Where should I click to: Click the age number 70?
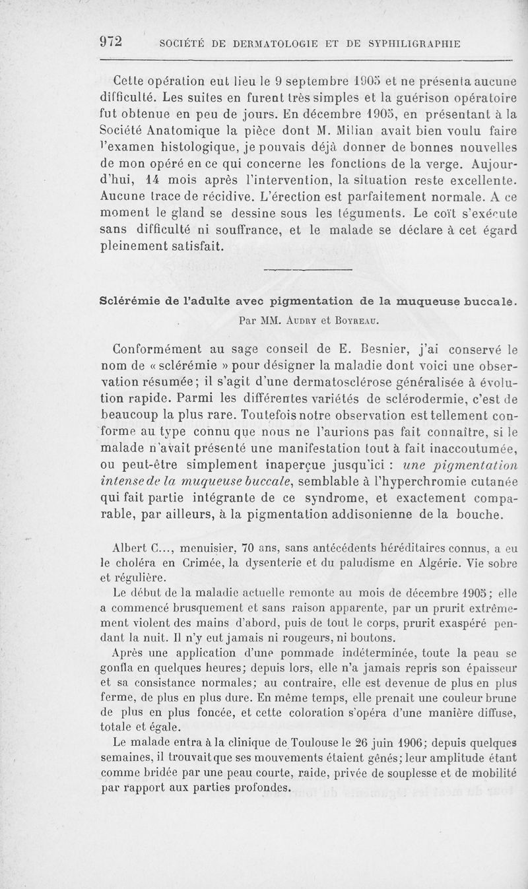click(x=249, y=547)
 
